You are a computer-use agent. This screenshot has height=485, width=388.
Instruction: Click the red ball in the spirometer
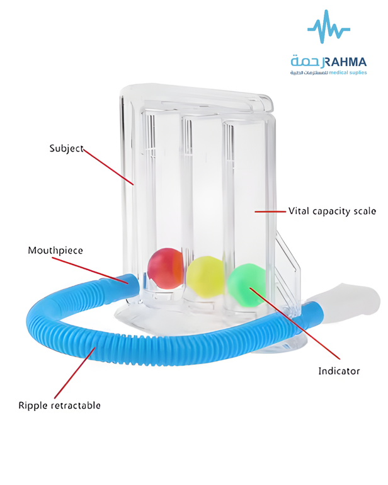166,268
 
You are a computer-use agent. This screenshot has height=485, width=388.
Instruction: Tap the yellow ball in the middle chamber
205,277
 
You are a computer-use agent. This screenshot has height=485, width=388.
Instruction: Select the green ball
247,285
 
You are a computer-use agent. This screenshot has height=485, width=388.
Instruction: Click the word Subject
67,149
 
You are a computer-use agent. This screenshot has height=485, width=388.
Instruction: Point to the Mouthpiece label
55,250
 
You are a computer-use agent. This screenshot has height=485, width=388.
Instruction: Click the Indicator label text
339,371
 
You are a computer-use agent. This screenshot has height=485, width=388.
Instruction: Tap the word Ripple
33,406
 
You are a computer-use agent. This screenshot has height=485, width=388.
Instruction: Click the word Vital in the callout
299,211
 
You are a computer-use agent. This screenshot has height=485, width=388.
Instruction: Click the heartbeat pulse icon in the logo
329,26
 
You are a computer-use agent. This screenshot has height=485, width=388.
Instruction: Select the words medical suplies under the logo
348,72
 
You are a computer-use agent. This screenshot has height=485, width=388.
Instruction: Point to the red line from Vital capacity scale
270,212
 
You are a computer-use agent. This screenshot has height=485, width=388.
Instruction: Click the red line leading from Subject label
108,168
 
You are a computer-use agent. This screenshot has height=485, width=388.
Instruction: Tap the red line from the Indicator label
295,324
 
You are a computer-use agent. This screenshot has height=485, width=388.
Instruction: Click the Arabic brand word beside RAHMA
306,62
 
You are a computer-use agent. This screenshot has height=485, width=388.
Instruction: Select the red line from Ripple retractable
75,373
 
